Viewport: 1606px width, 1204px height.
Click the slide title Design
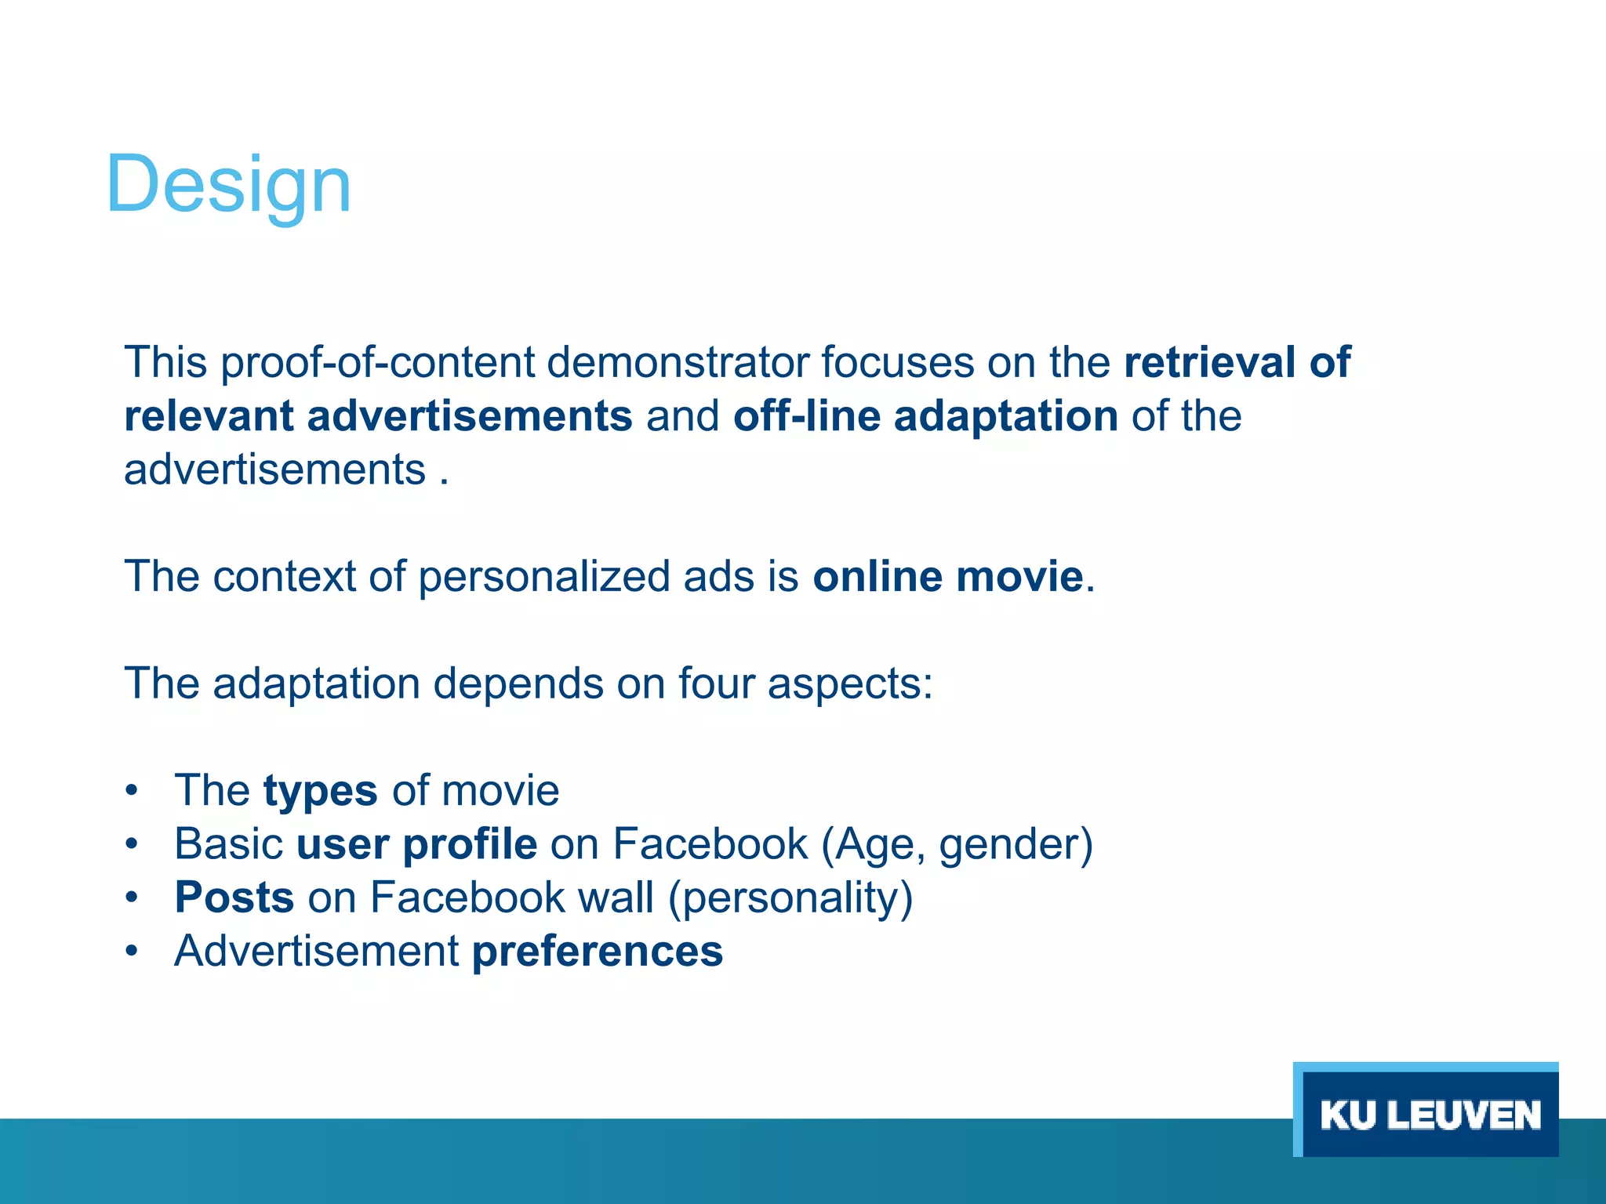(228, 185)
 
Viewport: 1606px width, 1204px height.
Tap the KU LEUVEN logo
(1429, 1114)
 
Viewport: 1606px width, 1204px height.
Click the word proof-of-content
(376, 364)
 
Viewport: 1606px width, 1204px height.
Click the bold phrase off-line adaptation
(925, 416)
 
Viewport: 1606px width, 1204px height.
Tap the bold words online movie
(948, 577)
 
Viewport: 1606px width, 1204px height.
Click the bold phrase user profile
(416, 845)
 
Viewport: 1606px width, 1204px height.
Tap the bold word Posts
(234, 898)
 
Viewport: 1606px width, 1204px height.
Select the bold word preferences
(597, 952)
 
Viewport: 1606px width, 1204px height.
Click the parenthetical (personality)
(790, 898)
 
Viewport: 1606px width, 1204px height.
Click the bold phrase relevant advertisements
(378, 416)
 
